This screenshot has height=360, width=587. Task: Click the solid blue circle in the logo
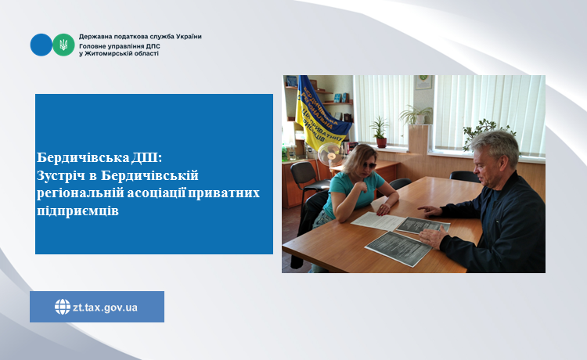41,45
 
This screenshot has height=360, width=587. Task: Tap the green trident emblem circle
63,45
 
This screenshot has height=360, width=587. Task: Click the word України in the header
189,37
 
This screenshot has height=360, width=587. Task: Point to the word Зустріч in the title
61,175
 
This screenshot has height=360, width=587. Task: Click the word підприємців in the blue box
77,211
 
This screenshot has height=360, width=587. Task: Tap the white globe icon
63,307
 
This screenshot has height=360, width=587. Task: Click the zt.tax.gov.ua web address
105,308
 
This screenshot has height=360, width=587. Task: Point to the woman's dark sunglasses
369,165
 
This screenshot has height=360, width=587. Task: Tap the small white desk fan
330,154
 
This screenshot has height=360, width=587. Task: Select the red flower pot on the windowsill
381,142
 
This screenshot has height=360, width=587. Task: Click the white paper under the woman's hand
377,221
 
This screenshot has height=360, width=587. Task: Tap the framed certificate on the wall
423,82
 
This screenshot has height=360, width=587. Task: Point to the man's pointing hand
430,211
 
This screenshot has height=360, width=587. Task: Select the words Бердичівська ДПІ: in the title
99,157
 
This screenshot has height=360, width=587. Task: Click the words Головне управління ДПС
120,46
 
